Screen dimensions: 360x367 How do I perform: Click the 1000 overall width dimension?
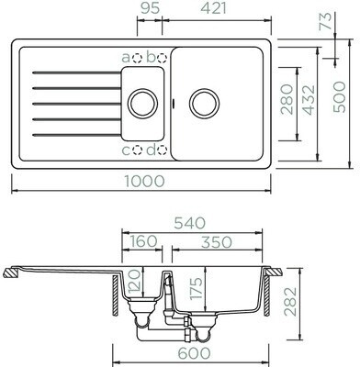pos(144,182)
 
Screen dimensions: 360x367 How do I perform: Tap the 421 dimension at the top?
pos(214,8)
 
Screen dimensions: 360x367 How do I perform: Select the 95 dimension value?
pos(151,8)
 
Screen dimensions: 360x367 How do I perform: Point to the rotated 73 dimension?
pos(326,21)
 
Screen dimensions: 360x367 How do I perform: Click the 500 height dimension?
pos(339,97)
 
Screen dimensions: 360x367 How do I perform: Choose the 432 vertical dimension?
pos(309,100)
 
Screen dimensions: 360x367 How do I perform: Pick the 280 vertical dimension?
pos(287,99)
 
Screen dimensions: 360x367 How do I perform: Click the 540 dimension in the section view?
pos(189,223)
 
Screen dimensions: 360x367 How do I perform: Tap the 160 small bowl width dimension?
pos(143,241)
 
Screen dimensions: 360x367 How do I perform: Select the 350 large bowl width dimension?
pos(217,242)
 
